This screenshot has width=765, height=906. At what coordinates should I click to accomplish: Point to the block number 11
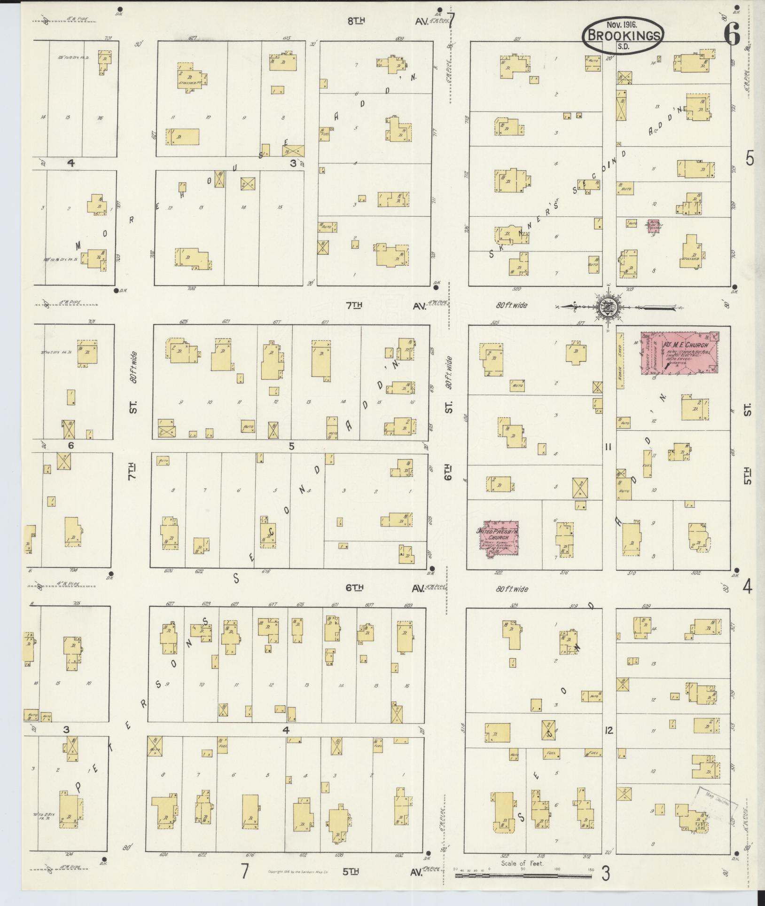tap(608, 447)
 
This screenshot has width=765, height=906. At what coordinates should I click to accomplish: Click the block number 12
tap(609, 730)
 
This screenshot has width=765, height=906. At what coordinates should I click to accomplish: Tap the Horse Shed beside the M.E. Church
tap(620, 360)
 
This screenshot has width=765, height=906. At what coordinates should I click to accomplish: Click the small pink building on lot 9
tap(654, 226)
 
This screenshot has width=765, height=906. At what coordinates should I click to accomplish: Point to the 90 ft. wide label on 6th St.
tap(449, 372)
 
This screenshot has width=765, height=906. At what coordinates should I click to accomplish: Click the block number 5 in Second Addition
tap(291, 446)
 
